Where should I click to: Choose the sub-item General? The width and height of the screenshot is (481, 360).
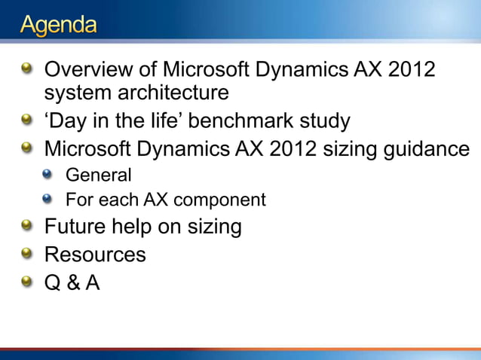point(99,175)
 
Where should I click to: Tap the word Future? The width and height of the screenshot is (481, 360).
point(75,227)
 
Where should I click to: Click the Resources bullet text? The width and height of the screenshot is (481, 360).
point(95,255)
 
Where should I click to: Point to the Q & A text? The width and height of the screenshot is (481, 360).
point(72,282)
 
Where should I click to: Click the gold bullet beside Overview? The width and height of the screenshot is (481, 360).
point(27,71)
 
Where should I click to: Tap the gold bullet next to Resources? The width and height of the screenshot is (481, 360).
point(27,255)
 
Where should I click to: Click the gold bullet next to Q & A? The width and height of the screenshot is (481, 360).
point(27,282)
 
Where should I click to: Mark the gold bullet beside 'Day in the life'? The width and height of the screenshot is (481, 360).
point(27,121)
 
